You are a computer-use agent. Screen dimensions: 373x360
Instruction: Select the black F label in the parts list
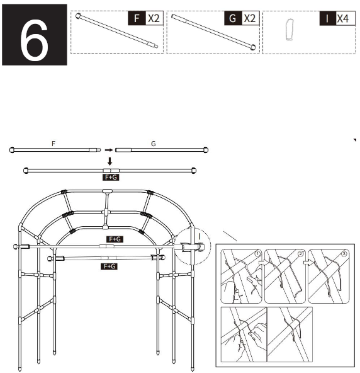tap(135, 18)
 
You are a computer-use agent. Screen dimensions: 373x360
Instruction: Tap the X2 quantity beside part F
tap(153, 18)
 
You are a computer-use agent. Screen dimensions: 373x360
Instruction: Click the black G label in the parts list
tap(232, 18)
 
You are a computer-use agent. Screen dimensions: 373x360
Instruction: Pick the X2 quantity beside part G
tap(250, 18)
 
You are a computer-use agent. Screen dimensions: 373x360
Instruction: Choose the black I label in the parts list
tap(327, 18)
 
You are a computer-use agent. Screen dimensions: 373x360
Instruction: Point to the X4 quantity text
tap(344, 18)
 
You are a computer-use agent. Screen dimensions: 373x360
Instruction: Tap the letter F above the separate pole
tap(53, 144)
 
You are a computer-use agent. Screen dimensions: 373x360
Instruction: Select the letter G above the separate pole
tap(153, 144)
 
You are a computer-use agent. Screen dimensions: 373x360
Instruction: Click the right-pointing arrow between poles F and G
tap(109, 150)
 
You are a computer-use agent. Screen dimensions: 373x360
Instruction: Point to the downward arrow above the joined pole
tap(110, 161)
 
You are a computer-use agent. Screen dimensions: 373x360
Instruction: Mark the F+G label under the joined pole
tap(110, 178)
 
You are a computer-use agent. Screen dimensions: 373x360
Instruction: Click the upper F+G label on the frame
tap(115, 239)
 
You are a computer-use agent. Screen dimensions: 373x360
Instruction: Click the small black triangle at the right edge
tap(355, 140)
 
